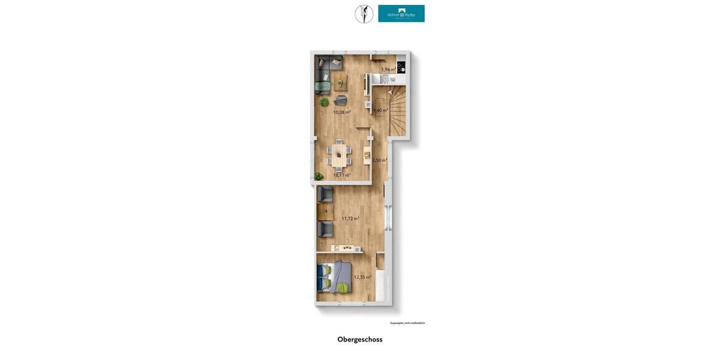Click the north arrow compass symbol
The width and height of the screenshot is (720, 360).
point(364,14)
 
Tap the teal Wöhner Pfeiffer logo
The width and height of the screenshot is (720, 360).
point(401,14)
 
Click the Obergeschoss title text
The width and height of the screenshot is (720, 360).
point(359,340)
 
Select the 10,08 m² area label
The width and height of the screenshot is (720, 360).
point(342,112)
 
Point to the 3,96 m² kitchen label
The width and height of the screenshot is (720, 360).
point(388,70)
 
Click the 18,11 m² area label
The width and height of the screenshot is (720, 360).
point(342,175)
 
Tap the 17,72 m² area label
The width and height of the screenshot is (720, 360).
point(350,219)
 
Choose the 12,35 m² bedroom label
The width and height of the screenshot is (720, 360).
point(362,277)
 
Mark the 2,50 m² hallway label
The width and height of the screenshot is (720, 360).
point(379,160)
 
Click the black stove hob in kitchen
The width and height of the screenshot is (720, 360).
point(401,67)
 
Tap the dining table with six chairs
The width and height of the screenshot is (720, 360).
point(340,155)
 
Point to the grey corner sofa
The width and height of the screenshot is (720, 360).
point(325,71)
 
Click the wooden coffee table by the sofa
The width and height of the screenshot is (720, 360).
point(340,81)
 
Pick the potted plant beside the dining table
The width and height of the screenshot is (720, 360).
point(319,176)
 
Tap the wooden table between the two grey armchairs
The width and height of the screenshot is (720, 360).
point(325,211)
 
